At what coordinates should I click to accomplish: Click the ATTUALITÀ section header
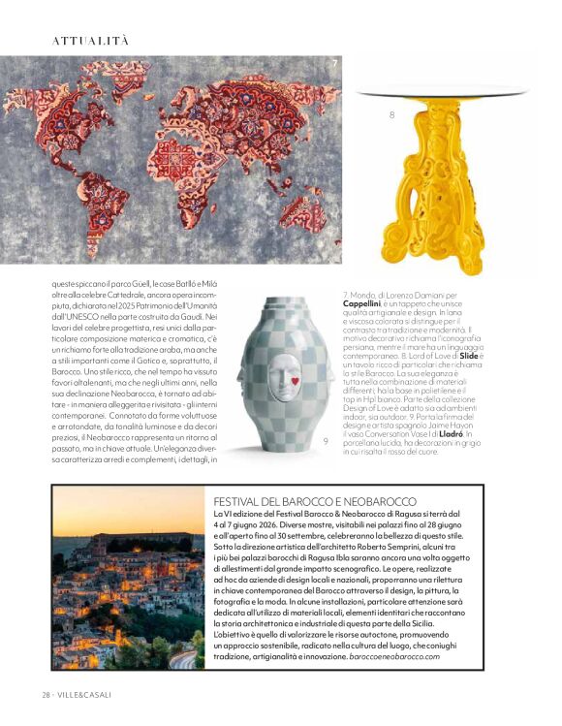[x=90, y=41]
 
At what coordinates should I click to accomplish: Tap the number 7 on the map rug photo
[x=334, y=65]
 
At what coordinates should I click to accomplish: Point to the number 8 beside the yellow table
[x=391, y=115]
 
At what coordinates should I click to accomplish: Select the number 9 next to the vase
[x=326, y=441]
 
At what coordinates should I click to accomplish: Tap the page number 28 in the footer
[x=46, y=695]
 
